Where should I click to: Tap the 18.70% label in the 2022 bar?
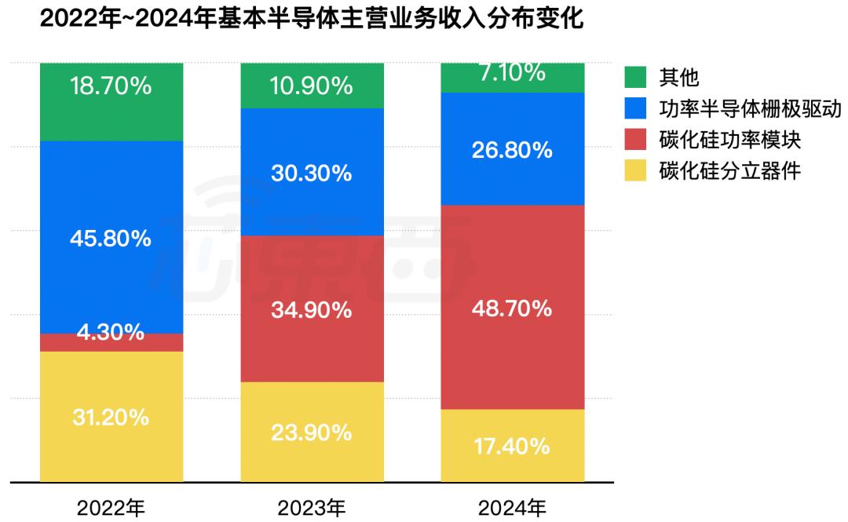point(111,86)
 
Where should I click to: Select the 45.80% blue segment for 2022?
point(111,238)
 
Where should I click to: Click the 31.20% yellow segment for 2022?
point(111,417)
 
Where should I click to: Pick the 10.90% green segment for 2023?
point(312,86)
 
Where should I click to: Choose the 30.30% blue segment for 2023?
point(312,173)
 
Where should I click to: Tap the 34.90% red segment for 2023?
point(312,309)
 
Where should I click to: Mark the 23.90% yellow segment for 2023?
point(312,432)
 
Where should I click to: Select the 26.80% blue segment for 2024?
point(512,149)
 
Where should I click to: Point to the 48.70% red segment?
point(512,308)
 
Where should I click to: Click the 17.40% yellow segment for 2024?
point(512,446)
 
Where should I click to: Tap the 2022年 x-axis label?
point(111,507)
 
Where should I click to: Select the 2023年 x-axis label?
point(312,507)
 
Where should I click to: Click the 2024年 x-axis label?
point(512,507)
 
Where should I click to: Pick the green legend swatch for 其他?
point(637,77)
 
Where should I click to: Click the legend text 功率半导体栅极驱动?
point(751,108)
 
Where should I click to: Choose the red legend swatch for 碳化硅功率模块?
point(637,140)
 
